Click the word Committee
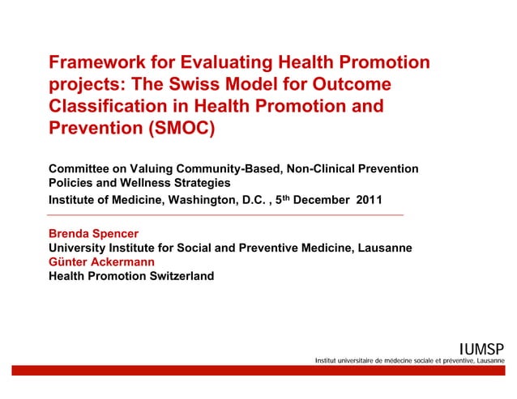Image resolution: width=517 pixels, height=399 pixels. click(x=81, y=168)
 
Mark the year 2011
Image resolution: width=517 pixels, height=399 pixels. click(x=370, y=199)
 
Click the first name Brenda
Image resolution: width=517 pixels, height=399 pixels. click(x=70, y=233)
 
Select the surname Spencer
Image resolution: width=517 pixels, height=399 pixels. click(x=120, y=233)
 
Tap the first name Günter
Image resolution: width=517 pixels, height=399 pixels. click(x=70, y=261)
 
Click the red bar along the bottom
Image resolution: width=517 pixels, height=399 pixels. click(x=258, y=370)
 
